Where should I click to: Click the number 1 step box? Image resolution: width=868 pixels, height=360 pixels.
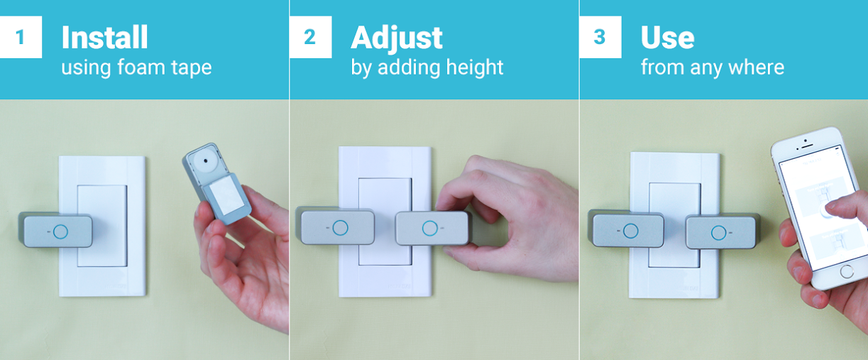tap(21, 37)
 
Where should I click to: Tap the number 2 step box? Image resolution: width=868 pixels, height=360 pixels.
tap(310, 37)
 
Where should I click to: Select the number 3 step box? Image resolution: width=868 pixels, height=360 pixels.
tap(600, 37)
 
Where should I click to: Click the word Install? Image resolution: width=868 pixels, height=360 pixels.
tap(104, 37)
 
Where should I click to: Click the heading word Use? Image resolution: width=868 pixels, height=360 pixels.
tap(667, 38)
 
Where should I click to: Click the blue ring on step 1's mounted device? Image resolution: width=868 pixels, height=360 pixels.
tap(60, 231)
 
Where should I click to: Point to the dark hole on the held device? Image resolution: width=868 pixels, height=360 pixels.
tap(204, 160)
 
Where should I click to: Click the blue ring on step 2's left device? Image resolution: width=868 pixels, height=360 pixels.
tap(340, 227)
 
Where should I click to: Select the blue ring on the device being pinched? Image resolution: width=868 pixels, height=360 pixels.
tap(429, 228)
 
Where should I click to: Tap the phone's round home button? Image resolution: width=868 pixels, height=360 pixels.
tap(846, 271)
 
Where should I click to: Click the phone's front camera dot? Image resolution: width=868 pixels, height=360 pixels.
tap(806, 141)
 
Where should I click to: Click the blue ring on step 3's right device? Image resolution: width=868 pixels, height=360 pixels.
tap(719, 233)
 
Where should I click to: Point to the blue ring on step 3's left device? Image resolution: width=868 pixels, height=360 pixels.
tap(630, 231)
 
